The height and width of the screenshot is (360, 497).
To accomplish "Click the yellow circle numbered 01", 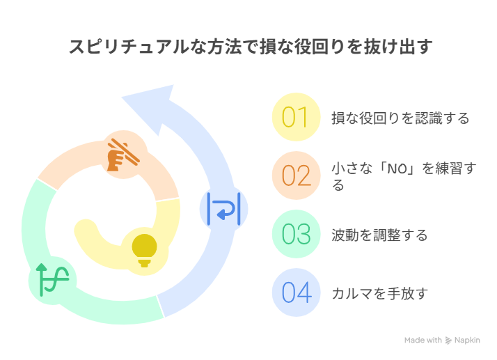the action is [x=296, y=117].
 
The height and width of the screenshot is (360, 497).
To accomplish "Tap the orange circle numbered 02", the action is [x=296, y=175].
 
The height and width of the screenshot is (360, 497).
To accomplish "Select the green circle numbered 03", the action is [x=296, y=234].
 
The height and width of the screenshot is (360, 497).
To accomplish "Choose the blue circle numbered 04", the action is [x=296, y=292].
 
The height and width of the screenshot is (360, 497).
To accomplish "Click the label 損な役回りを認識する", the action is [x=400, y=118].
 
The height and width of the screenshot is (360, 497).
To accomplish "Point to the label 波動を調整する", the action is [x=379, y=235].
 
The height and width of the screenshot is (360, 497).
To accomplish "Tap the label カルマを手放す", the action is [x=380, y=293].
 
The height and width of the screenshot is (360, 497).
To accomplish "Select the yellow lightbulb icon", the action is [x=145, y=250].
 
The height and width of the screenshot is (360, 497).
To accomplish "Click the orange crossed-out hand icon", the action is [x=123, y=155].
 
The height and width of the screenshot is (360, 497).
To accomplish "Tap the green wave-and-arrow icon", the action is [x=52, y=280].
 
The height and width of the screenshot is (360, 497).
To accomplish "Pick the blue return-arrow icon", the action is [x=223, y=209].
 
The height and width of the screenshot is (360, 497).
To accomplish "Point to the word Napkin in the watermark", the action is [x=467, y=341].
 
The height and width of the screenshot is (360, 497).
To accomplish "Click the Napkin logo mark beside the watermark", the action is [x=448, y=341].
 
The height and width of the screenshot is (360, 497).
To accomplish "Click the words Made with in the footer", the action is [x=423, y=341].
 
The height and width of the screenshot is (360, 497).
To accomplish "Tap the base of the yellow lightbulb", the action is [x=145, y=263].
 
